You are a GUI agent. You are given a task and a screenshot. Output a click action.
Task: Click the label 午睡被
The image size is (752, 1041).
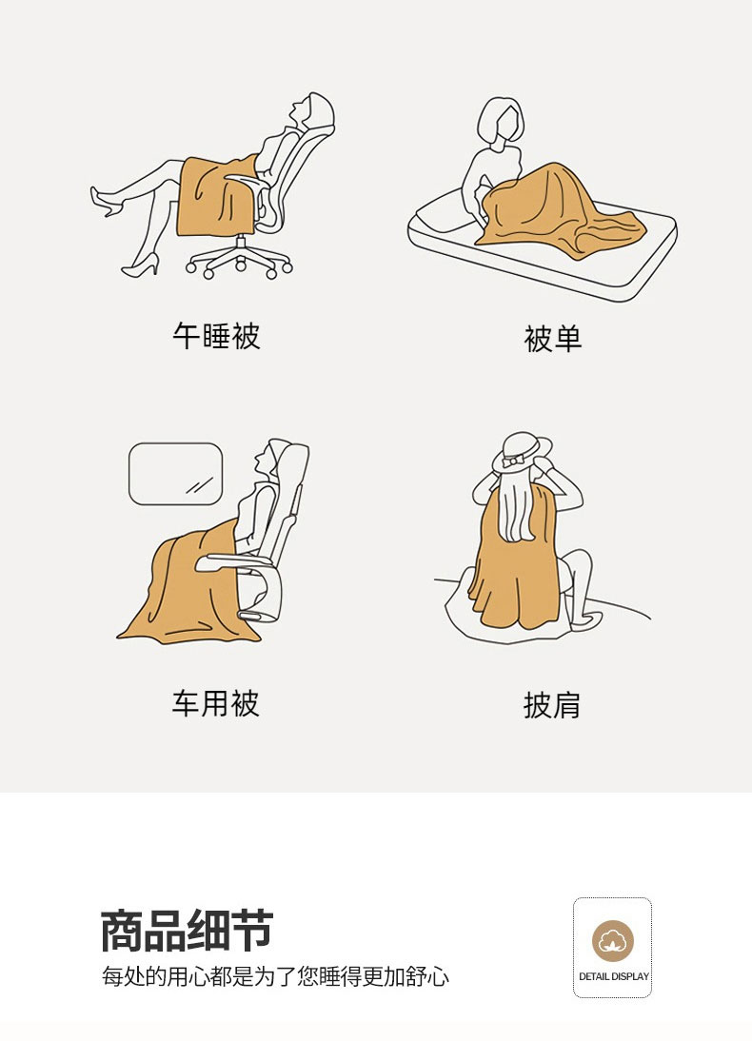[x=216, y=336]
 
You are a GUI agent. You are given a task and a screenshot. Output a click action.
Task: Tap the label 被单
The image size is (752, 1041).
[x=553, y=339]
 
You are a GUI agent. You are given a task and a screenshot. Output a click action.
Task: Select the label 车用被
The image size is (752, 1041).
[x=216, y=703]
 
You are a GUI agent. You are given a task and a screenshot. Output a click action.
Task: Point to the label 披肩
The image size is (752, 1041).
[x=551, y=705]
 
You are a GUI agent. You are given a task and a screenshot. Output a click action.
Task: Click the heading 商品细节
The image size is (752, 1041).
[x=187, y=931]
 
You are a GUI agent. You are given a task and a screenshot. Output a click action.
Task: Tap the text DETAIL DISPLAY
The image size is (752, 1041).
[x=613, y=976]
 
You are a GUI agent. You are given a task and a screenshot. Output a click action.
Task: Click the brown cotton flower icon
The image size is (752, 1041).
[x=612, y=941]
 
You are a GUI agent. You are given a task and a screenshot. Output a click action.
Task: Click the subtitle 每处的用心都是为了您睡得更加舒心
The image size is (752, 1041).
[x=275, y=976]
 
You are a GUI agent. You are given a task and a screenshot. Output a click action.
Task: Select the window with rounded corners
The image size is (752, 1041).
[x=175, y=474]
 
